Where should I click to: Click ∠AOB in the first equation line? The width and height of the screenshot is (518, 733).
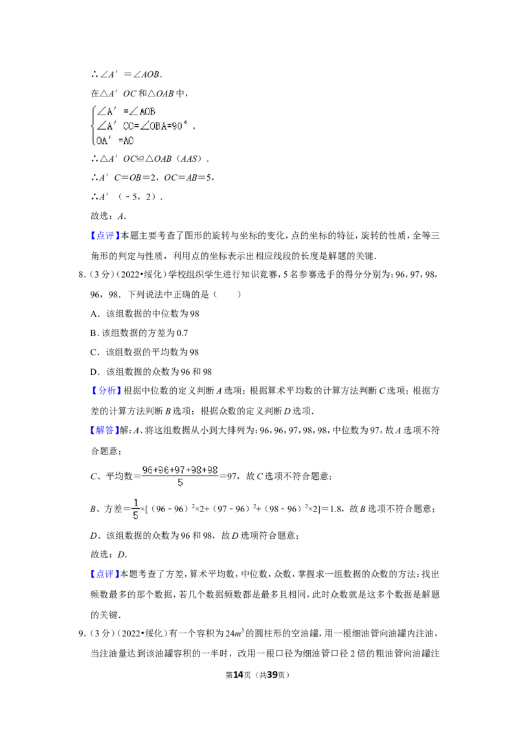click(144, 111)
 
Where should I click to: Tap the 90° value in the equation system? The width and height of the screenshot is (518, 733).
click(179, 126)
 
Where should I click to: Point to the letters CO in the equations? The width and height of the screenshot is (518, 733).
click(128, 126)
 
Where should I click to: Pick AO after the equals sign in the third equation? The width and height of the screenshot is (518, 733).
click(128, 141)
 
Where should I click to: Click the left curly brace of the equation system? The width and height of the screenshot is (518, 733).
click(93, 126)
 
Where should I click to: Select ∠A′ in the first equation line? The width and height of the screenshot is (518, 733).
click(106, 111)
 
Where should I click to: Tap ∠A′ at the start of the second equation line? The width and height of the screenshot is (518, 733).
click(106, 126)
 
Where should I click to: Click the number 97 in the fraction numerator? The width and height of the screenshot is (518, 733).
click(180, 470)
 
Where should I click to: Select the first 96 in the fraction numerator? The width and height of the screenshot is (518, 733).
click(148, 470)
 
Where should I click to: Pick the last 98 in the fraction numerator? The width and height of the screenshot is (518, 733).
click(212, 470)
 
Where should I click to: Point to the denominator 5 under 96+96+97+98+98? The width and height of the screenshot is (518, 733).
click(180, 483)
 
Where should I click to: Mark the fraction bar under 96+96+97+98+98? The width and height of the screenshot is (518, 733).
click(180, 477)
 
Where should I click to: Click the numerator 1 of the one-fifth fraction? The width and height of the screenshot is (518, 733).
click(135, 503)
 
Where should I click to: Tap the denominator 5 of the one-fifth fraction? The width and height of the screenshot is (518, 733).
click(135, 516)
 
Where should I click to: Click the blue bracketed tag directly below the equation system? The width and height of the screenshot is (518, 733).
click(105, 236)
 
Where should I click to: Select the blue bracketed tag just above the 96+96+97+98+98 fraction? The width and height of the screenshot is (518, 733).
click(104, 431)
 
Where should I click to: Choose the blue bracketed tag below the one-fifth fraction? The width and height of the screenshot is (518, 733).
click(104, 575)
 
